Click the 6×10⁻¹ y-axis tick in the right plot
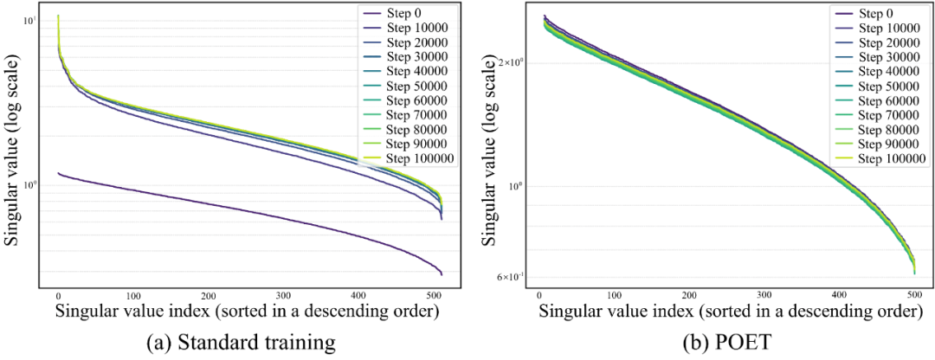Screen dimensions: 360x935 pyautogui.click(x=510, y=277)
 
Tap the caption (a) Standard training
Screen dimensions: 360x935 pyautogui.click(x=241, y=344)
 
